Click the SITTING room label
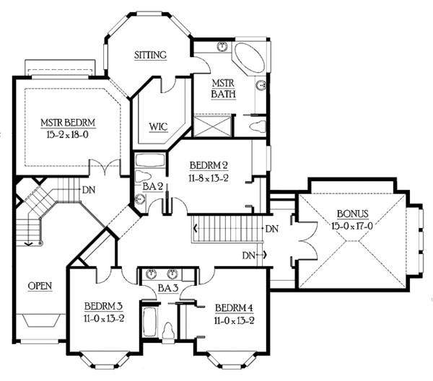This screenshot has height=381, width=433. [151, 55]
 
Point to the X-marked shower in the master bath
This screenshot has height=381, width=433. [213, 131]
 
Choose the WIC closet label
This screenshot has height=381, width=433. [158, 127]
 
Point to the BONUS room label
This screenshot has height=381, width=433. [353, 214]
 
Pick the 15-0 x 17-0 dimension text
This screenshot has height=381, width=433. [353, 225]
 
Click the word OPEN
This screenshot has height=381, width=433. [40, 286]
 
